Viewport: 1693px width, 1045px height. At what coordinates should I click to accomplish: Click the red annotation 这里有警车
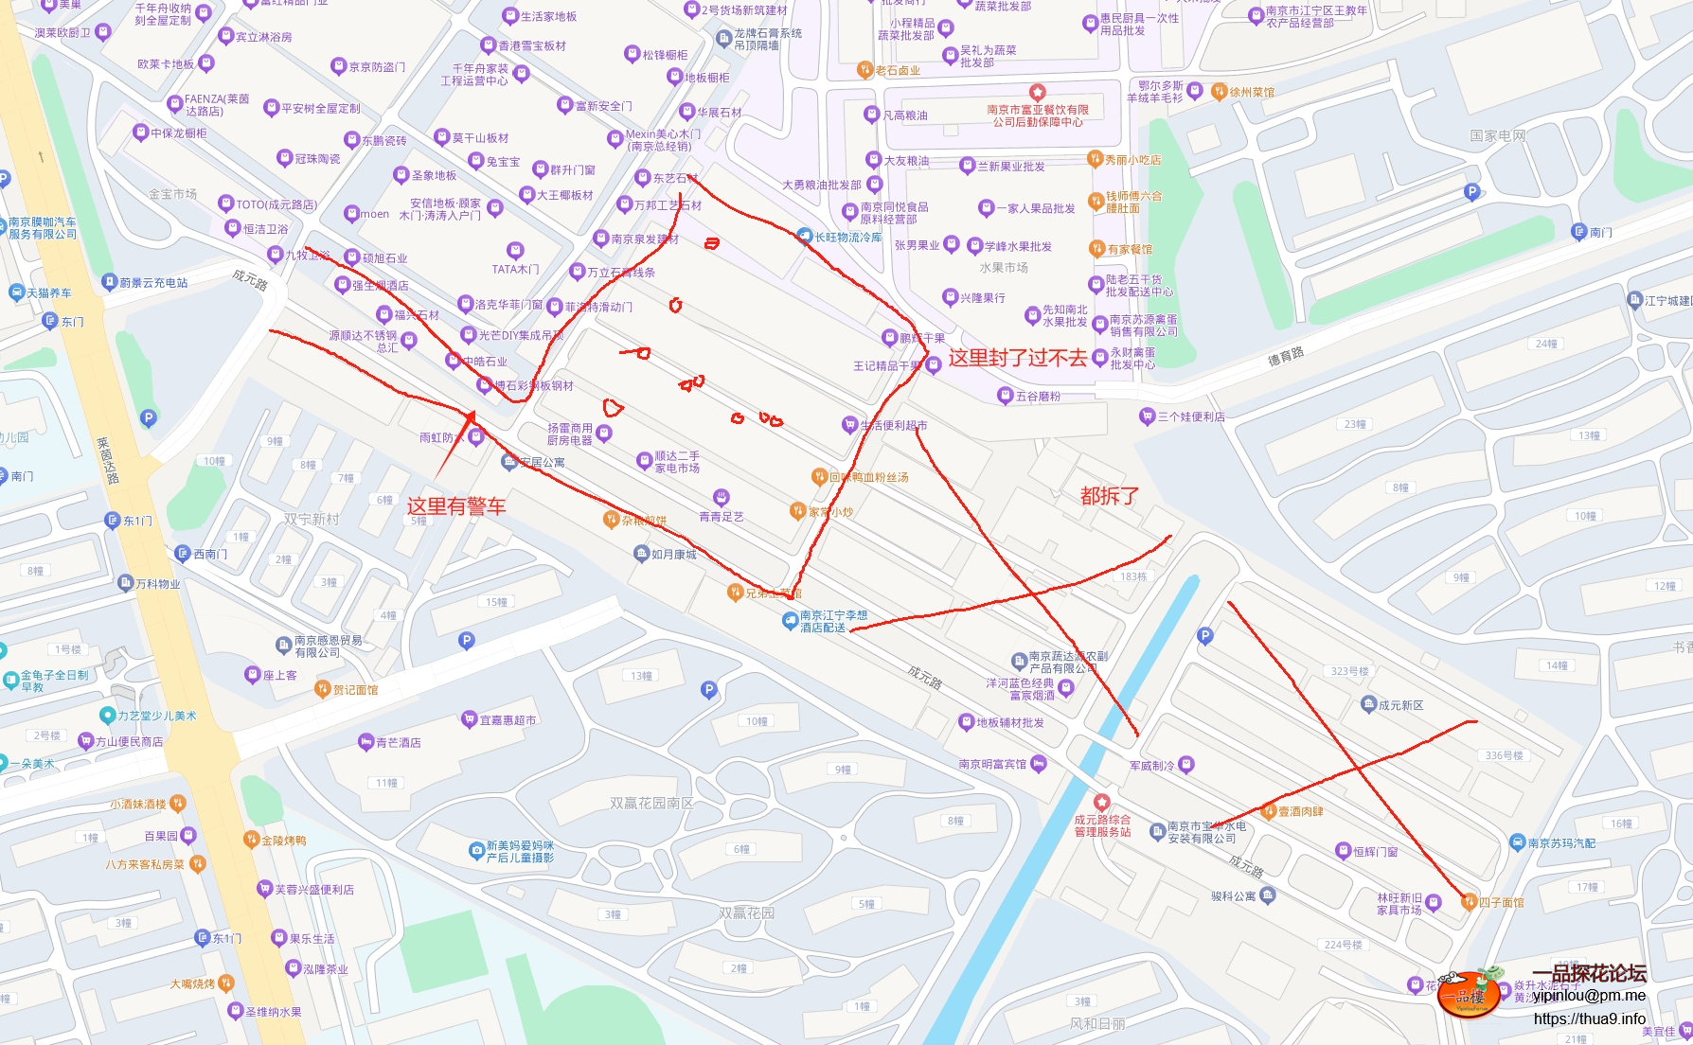point(455,506)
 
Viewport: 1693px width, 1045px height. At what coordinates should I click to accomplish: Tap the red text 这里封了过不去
point(1018,358)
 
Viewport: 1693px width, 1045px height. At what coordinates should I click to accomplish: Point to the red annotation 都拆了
point(1109,496)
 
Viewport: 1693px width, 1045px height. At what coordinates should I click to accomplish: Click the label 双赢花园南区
point(651,803)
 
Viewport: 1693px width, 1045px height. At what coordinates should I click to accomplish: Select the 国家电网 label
point(1497,136)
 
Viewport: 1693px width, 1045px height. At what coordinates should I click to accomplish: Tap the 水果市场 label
point(1003,268)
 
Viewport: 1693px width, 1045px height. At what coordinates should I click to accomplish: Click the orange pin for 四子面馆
point(1469,902)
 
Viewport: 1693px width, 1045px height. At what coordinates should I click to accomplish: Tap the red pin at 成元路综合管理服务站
point(1101,803)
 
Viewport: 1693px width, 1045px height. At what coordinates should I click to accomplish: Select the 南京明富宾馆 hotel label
point(992,764)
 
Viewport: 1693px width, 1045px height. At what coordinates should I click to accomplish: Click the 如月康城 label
point(673,555)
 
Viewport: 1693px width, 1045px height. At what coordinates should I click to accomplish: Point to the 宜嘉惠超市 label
point(508,720)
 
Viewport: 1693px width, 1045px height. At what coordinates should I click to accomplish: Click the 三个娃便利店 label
point(1190,416)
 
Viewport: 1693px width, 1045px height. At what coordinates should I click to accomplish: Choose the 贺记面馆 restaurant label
point(355,690)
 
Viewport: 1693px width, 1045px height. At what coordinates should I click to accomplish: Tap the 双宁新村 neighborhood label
point(311,519)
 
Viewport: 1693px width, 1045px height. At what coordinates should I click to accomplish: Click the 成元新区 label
point(1400,705)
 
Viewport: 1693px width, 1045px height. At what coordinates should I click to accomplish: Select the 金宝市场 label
point(172,194)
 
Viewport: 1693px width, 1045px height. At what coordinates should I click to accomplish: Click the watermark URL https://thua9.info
point(1589,1018)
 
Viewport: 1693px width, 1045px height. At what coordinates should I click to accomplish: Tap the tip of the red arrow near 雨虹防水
point(471,412)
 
